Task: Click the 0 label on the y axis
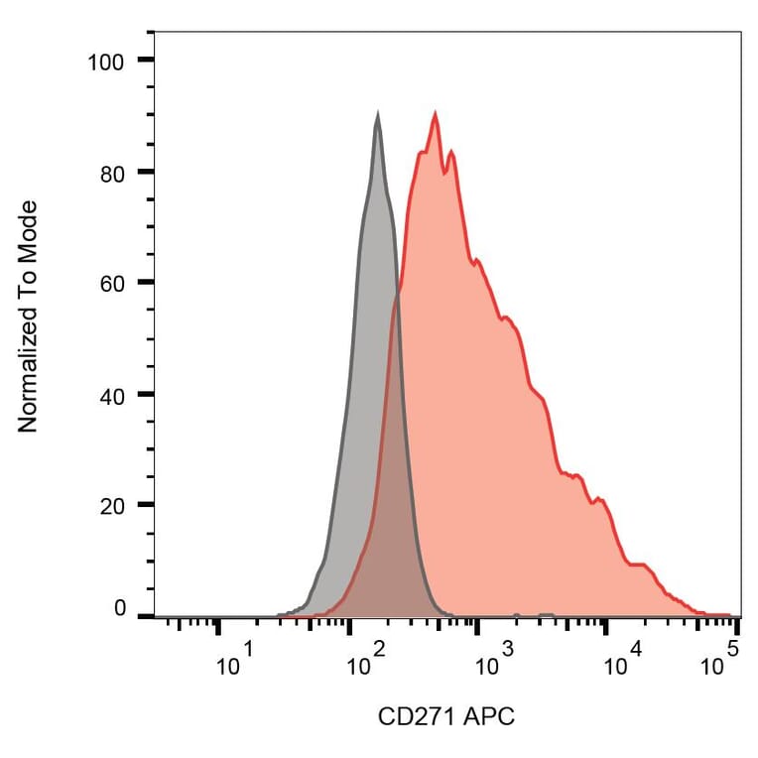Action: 120,608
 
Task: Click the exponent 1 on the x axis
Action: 248,650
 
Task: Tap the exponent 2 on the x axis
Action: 378,650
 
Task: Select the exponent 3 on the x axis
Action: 507,650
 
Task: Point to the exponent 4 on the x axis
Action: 636,650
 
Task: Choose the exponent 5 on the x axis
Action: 733,650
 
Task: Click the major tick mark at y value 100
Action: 145,61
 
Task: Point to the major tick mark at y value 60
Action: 145,283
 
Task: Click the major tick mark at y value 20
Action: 145,505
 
